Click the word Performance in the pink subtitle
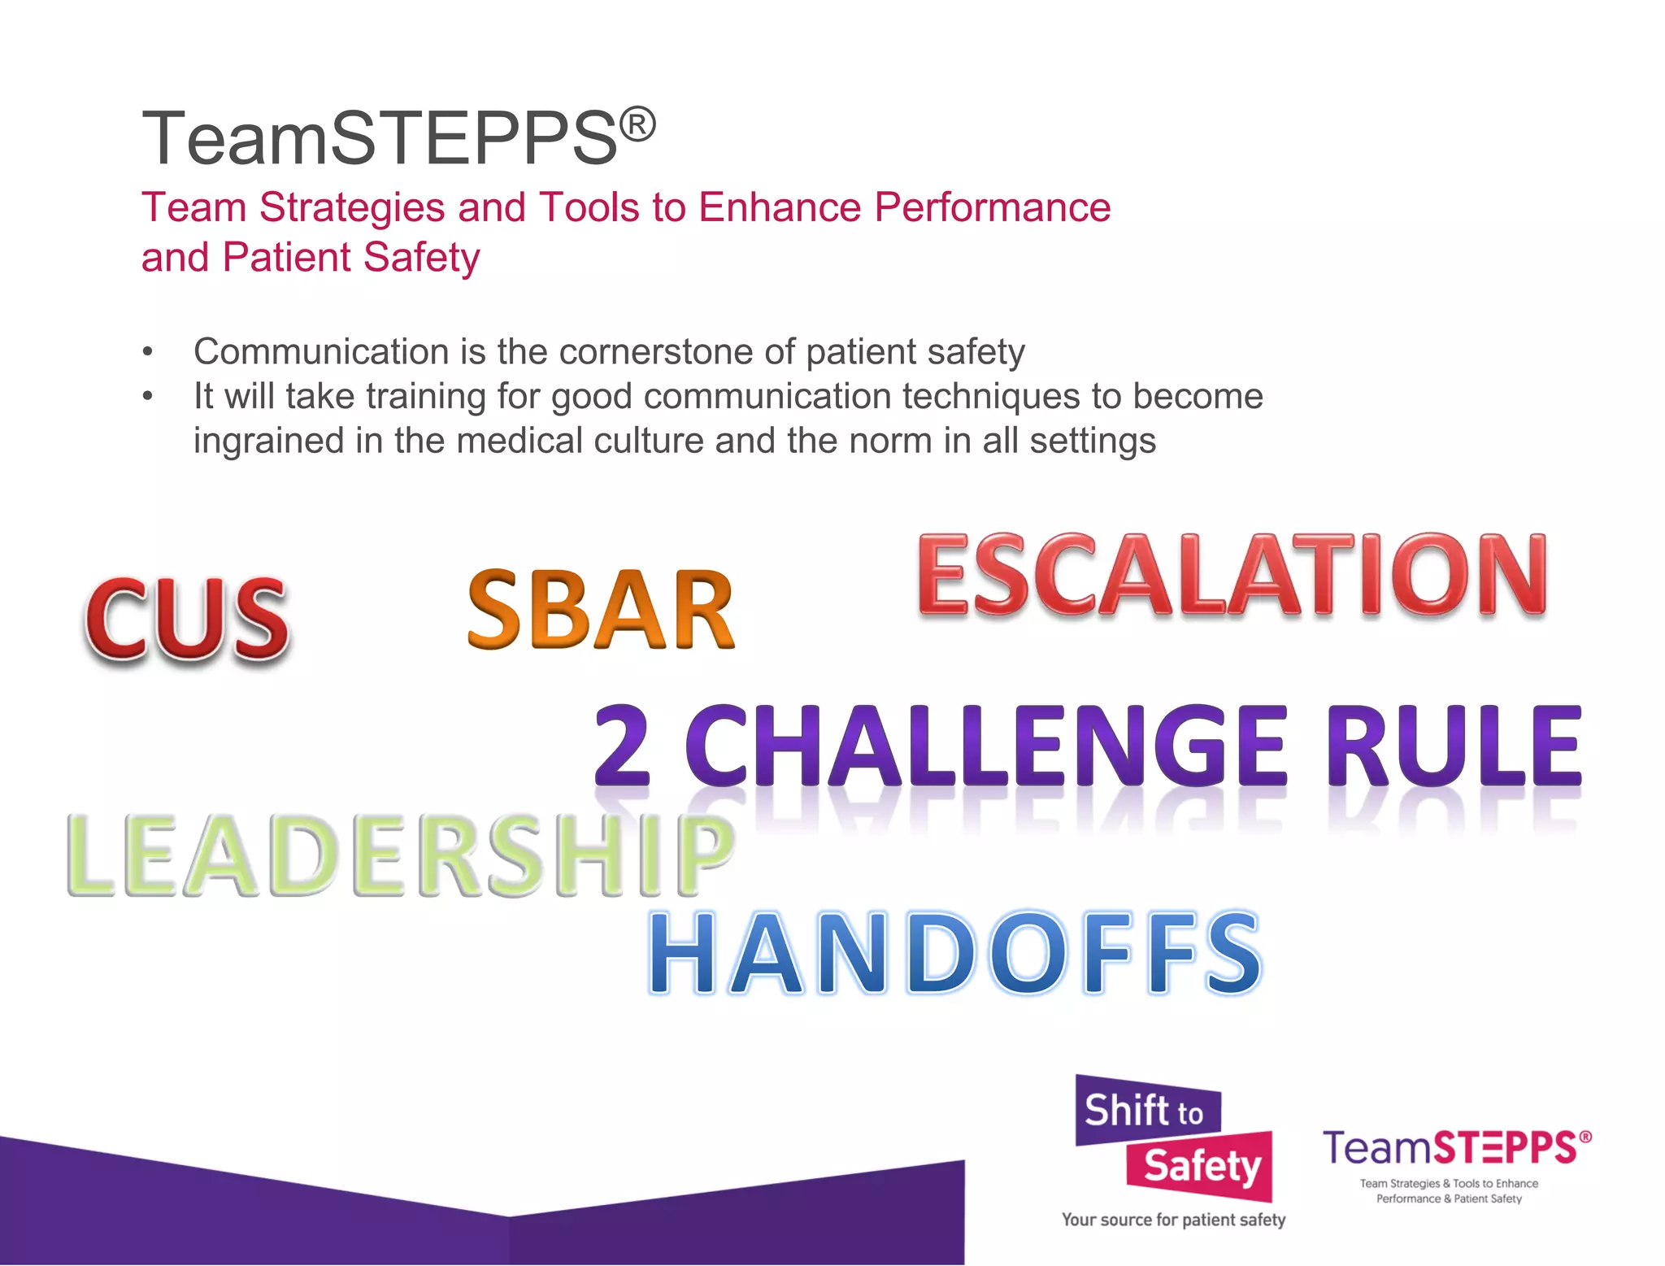[x=992, y=207]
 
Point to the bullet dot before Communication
[x=147, y=353]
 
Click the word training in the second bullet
[x=426, y=397]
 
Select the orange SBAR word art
[x=600, y=610]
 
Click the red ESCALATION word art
[x=1232, y=575]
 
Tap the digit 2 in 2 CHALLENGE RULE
[x=622, y=746]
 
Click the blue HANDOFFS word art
[x=954, y=953]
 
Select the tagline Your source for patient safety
[x=1173, y=1220]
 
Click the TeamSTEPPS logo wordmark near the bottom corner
[x=1455, y=1148]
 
